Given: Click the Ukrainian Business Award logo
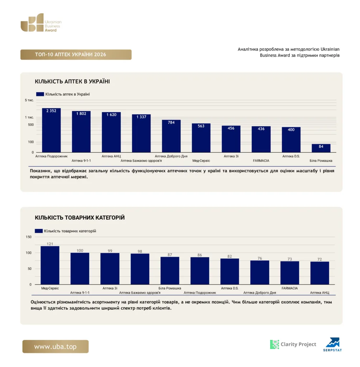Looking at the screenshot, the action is click(41, 23).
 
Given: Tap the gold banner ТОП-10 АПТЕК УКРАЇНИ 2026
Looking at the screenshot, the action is click(76, 54).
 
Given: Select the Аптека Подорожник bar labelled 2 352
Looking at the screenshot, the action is click(51, 130).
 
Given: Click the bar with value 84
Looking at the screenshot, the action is click(321, 148).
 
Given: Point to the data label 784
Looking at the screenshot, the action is click(171, 123).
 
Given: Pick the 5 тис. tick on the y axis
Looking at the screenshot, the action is click(29, 100).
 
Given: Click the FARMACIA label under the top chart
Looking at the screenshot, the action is click(261, 161).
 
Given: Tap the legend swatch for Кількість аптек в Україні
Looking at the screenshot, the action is click(40, 94).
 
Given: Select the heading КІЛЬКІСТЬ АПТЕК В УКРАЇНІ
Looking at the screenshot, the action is click(72, 81).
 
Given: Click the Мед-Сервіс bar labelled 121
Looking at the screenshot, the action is click(50, 265).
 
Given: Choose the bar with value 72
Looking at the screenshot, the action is click(320, 273).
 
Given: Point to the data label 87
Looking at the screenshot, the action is click(170, 255).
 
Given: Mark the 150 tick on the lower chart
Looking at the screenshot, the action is click(29, 237).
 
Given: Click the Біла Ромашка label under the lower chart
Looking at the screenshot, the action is click(170, 288).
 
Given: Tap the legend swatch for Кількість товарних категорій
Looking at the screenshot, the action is click(39, 231).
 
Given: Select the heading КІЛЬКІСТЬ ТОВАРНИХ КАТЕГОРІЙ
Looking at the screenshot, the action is click(80, 218).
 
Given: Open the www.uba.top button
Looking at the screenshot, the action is click(56, 347).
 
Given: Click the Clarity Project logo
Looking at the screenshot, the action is click(293, 344).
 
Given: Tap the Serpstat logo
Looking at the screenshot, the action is click(333, 344).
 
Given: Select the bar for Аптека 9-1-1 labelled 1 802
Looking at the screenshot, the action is click(81, 132).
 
